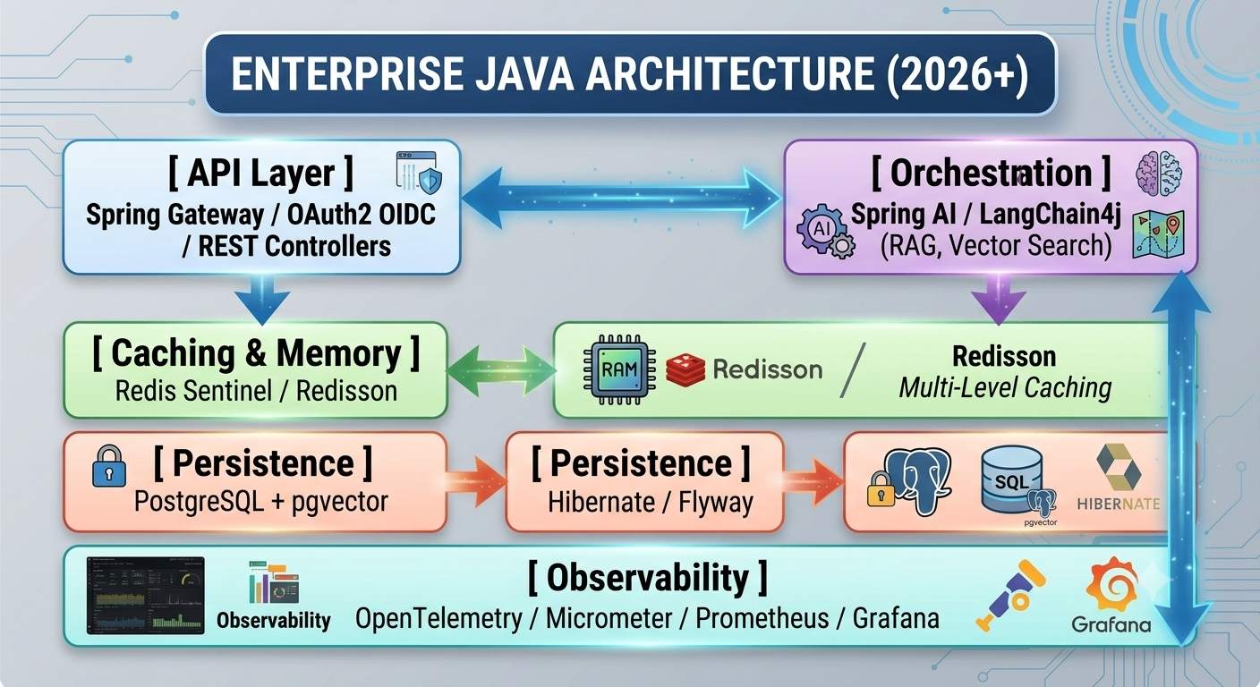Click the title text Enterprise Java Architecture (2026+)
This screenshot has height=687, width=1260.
point(629,73)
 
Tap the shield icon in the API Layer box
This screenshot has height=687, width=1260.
point(430,181)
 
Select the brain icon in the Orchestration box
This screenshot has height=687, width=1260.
point(1159,174)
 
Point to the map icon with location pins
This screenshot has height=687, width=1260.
point(1158,234)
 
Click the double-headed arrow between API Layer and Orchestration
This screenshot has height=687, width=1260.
point(622,198)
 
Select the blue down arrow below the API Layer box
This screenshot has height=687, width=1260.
point(262,300)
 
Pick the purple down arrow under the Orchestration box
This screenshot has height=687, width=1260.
point(999,299)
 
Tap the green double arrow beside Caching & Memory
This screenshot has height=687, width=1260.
point(501,370)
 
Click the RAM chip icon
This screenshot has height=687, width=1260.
point(619,369)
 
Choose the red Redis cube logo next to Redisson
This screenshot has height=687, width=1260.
point(685,369)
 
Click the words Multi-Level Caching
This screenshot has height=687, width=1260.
point(1005,388)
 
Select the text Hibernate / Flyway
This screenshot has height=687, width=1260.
point(651,502)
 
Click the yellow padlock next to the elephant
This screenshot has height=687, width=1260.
point(881,489)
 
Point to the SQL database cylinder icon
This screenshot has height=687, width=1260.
point(1011,479)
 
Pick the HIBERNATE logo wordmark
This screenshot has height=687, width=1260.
point(1119,504)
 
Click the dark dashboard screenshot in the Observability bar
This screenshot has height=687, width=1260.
point(146,596)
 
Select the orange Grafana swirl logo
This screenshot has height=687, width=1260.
point(1112,585)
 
